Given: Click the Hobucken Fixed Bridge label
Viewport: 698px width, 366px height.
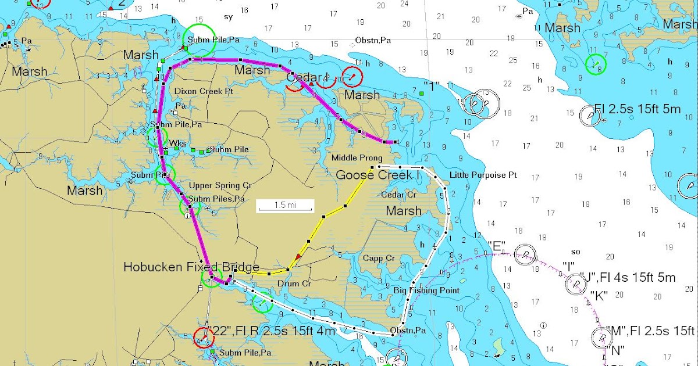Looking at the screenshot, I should (191, 267).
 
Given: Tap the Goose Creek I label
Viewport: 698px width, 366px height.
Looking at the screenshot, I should (378, 174).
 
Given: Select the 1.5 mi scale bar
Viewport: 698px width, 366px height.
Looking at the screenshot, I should (286, 206).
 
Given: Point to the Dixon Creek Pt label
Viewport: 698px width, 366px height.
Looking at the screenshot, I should (204, 91).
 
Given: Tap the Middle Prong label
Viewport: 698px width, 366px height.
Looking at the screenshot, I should (357, 158).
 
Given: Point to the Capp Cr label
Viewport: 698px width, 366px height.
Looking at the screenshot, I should (379, 258).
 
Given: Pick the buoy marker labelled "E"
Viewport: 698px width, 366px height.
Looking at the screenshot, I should (525, 254).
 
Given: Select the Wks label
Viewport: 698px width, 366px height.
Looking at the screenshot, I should (177, 143).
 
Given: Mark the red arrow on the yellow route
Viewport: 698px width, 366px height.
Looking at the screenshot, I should (299, 256).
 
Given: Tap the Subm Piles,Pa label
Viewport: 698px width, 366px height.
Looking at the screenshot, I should (216, 199).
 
